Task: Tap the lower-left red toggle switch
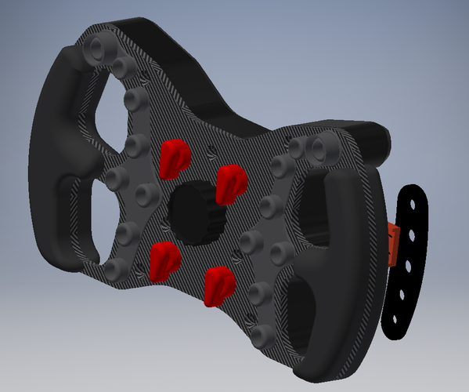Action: [163, 261]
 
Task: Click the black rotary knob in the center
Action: [194, 213]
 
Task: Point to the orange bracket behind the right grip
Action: [394, 245]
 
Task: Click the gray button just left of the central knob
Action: [145, 193]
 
